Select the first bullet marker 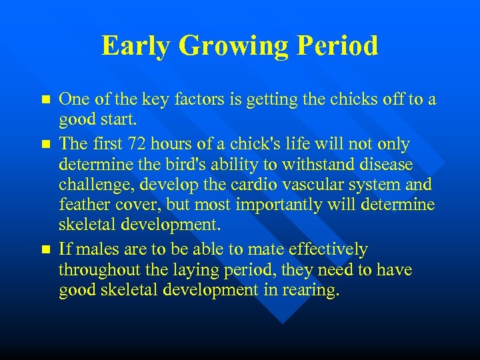tap(45, 99)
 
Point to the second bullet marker tap(45, 144)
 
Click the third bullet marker tap(45, 250)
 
